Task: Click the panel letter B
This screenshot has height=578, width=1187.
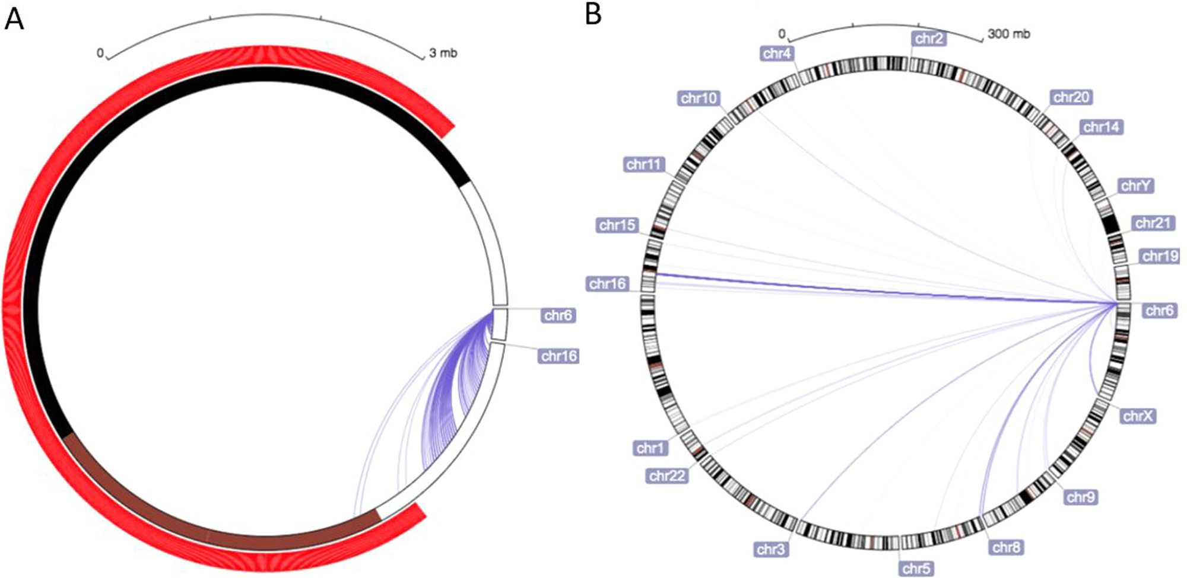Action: pos(593,14)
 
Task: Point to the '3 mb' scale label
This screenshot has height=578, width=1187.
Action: pos(443,53)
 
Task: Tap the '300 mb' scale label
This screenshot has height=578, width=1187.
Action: pos(1009,34)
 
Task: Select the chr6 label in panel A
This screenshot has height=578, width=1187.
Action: pos(558,315)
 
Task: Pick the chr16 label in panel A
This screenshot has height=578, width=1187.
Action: pos(559,356)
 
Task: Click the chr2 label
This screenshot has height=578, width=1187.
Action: pos(929,39)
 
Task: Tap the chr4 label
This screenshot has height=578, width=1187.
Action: pos(777,54)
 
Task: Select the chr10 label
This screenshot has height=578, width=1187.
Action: pos(699,98)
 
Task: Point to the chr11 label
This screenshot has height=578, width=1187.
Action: pos(644,164)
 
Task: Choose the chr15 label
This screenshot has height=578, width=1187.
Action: pos(617,225)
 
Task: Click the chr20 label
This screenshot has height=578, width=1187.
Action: pos(1071,97)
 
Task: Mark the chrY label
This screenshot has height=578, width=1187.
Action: pos(1136,186)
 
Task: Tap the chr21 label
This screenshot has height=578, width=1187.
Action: pos(1153,223)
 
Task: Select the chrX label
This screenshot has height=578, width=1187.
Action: pos(1138,416)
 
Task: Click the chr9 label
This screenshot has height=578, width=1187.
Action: pos(1080,497)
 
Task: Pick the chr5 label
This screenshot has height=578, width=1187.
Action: pos(916,569)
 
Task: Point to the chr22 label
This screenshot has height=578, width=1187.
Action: pos(668,475)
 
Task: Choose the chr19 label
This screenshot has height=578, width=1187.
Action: pos(1160,256)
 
